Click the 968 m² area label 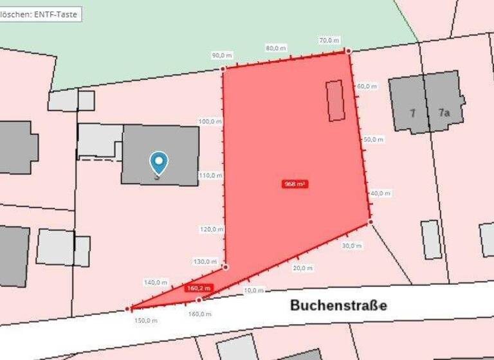(295, 184)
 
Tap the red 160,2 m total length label (199, 289)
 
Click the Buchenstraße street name (338, 305)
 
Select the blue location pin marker (158, 163)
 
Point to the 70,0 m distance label (329, 40)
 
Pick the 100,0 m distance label (210, 121)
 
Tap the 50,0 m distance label (373, 139)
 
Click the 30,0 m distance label (352, 246)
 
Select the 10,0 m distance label (253, 291)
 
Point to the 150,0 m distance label (145, 319)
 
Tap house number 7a (444, 113)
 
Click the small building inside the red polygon (335, 100)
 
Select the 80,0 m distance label (276, 48)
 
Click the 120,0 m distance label (210, 229)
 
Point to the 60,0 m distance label (367, 85)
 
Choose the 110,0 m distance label (210, 175)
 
